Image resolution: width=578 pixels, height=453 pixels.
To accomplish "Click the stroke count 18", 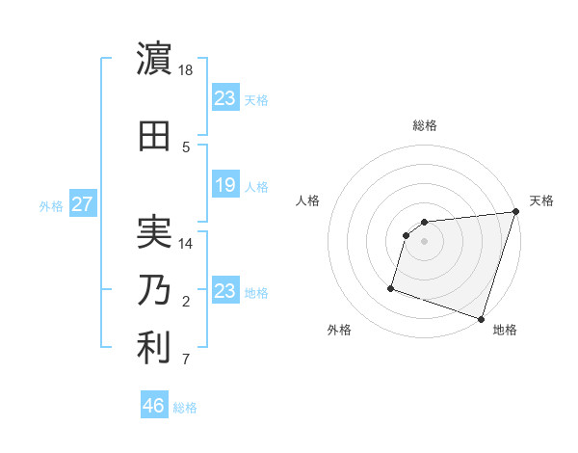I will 187,70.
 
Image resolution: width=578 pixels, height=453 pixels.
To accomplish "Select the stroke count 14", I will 187,244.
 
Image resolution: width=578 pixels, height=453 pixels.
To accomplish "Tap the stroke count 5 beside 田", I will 186,147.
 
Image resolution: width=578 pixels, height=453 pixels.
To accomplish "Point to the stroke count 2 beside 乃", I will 186,303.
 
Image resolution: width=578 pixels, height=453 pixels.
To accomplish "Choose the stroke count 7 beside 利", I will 186,361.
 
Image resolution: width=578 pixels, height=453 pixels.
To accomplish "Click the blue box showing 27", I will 82,203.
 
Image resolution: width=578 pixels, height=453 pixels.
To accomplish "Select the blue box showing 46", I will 153,406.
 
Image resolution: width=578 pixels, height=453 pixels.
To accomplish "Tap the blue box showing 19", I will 224,185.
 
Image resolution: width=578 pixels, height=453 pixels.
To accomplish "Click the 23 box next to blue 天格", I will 224,98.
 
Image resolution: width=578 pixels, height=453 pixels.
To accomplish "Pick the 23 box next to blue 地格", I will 224,291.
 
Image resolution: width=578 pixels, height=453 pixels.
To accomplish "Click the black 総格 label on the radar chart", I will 424,125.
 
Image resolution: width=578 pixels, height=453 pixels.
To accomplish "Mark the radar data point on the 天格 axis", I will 514,212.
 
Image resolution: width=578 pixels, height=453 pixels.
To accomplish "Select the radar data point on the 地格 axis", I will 481,318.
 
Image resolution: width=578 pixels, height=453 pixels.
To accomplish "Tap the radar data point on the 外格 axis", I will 391,287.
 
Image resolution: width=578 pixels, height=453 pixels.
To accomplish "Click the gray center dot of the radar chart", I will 424,242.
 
